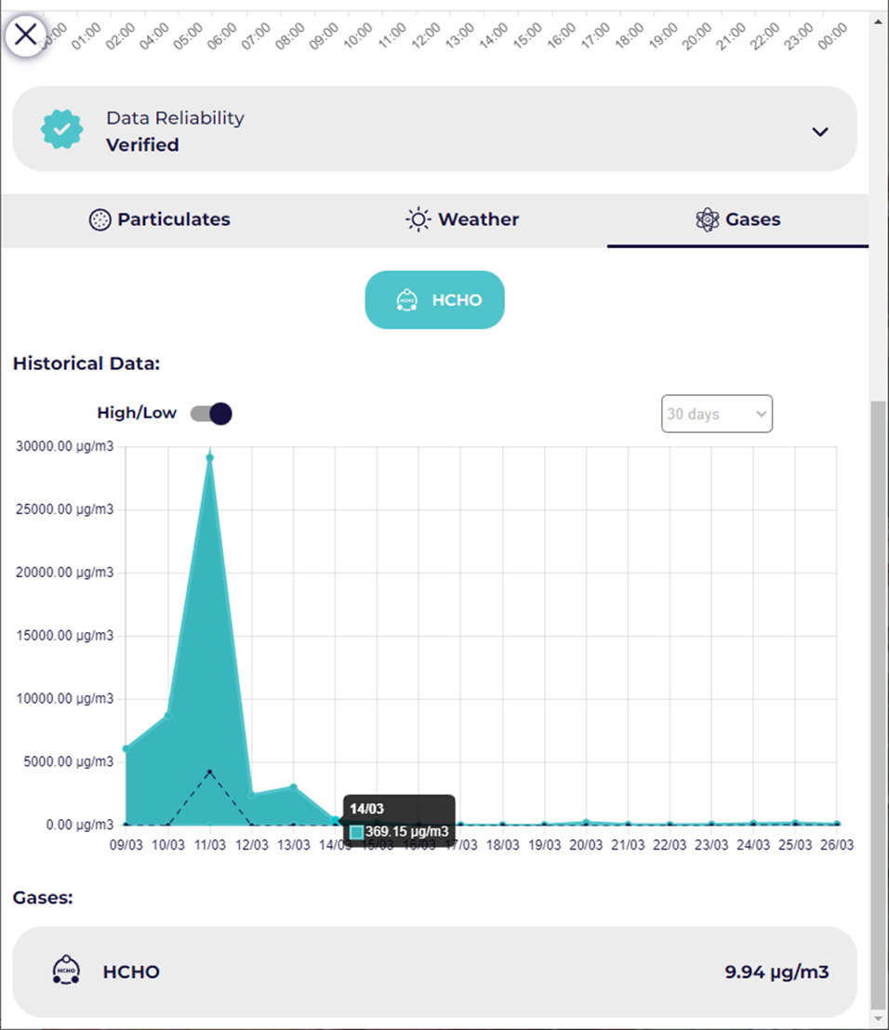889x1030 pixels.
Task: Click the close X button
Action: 26,35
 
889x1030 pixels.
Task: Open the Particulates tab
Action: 160,220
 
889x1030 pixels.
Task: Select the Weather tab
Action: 462,220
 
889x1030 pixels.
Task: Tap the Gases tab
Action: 737,220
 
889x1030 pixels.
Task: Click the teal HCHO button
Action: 434,300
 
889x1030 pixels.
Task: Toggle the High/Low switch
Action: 211,414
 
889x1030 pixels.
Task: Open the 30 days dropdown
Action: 716,415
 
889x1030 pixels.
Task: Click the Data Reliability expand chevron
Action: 819,132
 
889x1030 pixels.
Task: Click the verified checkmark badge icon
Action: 62,130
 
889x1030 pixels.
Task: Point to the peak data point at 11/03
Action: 210,457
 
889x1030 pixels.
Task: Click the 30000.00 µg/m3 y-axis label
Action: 65,447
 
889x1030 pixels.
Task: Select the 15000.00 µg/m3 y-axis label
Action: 65,636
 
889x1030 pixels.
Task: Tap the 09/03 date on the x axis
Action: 126,845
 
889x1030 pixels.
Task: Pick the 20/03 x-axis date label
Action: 586,845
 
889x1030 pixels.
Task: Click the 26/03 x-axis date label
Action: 837,845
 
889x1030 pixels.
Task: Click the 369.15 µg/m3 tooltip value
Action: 406,831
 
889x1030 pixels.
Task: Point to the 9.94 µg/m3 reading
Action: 776,972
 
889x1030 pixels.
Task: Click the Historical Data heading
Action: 86,363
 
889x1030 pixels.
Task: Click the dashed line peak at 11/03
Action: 210,772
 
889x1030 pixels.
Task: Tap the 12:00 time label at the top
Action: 425,36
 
